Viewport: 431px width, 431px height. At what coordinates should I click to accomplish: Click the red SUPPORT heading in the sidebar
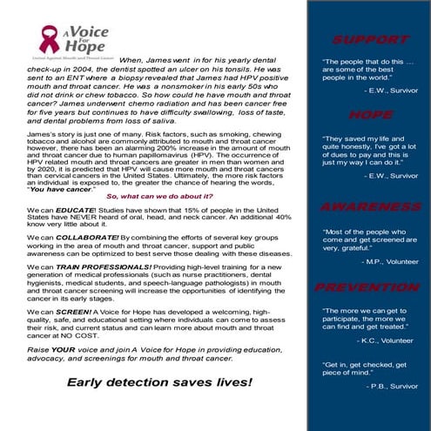tap(370, 40)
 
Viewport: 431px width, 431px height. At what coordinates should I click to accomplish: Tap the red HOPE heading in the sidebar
tap(370, 115)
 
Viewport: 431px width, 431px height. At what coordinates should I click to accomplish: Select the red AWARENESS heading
tap(370, 206)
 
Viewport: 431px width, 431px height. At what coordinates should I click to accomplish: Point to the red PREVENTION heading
tap(370, 287)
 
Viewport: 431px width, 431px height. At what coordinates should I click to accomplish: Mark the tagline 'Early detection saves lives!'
tap(159, 381)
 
